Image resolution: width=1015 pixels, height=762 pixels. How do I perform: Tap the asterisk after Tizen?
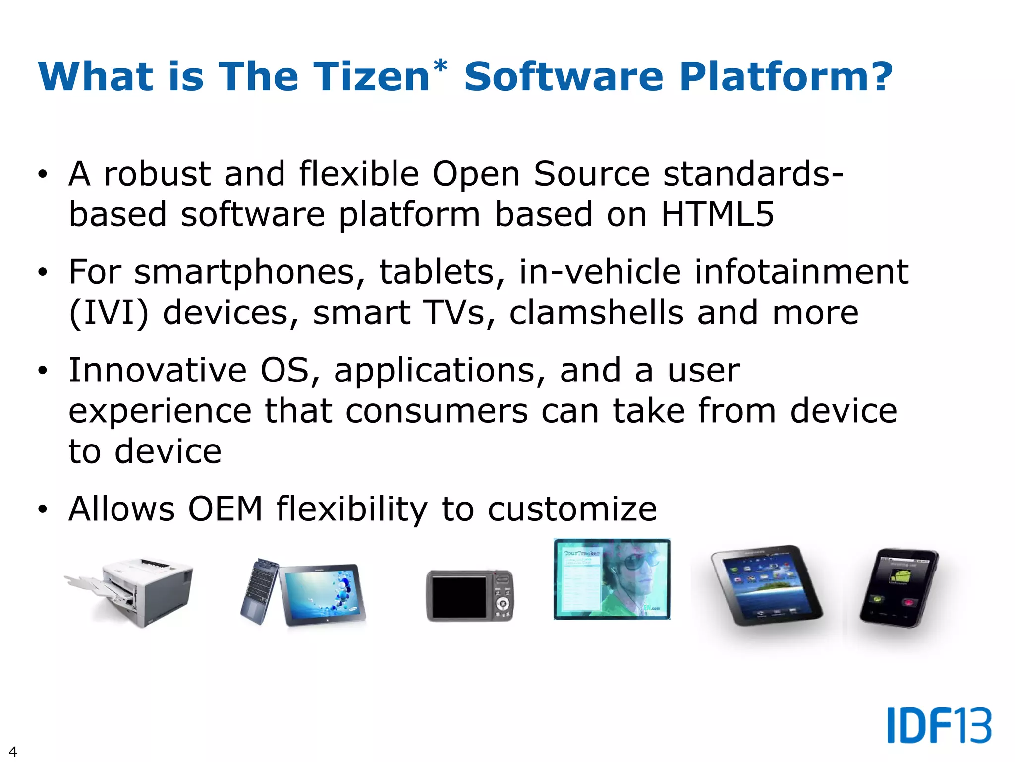440,66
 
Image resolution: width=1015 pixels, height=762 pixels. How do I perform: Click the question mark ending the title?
879,77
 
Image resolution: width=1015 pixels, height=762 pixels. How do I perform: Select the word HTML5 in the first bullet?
717,214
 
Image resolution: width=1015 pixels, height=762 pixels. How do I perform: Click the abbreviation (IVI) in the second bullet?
109,314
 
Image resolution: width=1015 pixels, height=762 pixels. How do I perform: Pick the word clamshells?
596,313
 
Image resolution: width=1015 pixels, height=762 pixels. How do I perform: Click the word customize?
572,509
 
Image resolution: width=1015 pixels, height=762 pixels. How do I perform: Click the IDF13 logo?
939,725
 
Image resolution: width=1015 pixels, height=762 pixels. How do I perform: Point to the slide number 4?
13,751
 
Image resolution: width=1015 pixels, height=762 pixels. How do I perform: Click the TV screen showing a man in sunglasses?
612,579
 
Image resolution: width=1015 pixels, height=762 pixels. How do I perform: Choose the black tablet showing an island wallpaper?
766,585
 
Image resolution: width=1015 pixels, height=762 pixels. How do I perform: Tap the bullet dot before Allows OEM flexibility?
43,509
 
